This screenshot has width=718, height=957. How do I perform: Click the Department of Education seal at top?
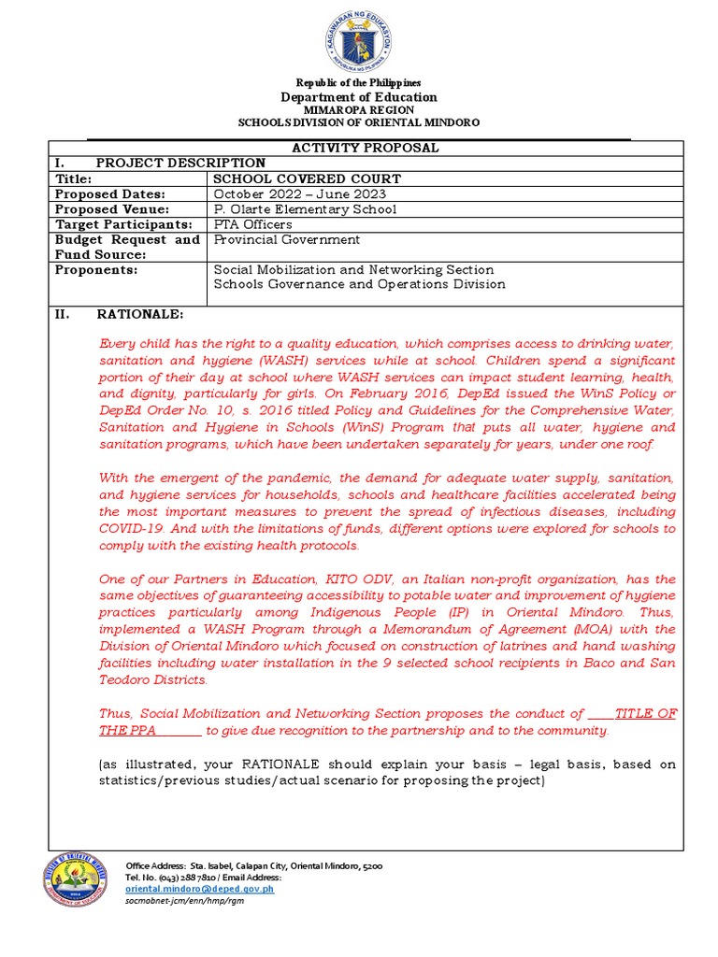(360, 43)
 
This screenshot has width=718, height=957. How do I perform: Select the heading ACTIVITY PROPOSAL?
(366, 149)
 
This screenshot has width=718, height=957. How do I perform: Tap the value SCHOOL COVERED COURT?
(308, 179)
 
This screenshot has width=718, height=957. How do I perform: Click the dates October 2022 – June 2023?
(293, 193)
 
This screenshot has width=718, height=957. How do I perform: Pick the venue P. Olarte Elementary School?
(305, 208)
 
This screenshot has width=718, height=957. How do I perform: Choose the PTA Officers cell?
(252, 224)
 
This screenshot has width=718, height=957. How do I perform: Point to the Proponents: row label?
(96, 269)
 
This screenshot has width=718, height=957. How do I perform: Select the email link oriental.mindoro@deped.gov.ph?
(200, 890)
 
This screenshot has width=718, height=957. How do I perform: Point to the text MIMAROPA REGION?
(360, 109)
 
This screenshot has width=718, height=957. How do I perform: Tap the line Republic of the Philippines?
(360, 83)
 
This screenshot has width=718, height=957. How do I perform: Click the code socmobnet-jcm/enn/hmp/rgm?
(178, 902)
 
